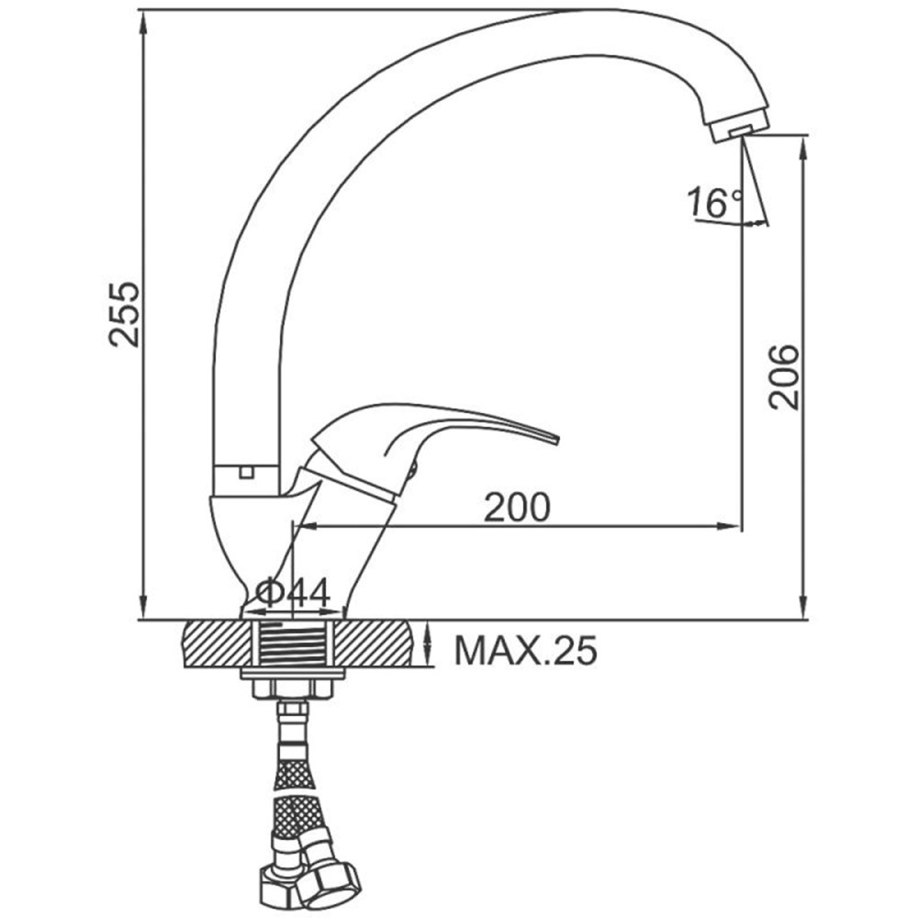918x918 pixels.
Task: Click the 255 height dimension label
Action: coord(124,314)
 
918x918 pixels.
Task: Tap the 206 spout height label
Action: coord(783,377)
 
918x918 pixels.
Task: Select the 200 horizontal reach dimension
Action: coord(517,507)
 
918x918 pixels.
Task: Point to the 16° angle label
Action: coord(714,203)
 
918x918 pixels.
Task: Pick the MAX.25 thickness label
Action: coord(526,650)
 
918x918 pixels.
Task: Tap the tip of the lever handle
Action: coord(557,439)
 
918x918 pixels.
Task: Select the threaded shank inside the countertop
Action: coord(293,644)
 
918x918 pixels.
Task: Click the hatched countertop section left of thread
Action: coord(217,644)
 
